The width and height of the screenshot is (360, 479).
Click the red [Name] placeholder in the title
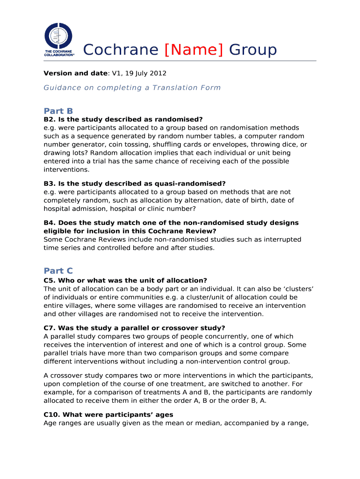tap(194, 50)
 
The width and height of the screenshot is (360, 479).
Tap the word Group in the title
tap(252, 50)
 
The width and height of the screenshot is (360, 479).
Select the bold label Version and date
tap(76, 73)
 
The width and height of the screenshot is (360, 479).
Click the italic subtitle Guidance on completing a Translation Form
tap(132, 87)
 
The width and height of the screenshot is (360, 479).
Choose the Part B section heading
tap(58, 111)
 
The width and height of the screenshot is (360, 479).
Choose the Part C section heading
tap(58, 271)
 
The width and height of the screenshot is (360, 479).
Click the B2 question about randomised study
tap(123, 119)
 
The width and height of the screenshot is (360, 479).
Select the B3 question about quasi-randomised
tap(135, 184)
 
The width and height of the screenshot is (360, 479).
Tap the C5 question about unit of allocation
tap(125, 280)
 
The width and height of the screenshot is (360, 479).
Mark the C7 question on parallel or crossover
tap(134, 328)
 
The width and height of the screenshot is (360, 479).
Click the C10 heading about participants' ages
tap(108, 415)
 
